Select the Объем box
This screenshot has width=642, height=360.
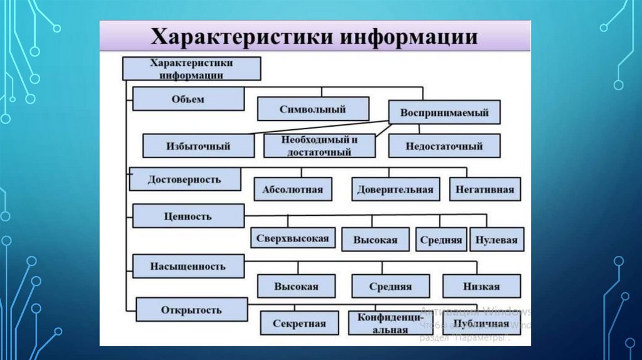188,99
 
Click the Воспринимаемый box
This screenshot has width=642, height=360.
445,113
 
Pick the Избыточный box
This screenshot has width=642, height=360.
199,146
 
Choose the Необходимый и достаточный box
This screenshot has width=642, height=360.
319,146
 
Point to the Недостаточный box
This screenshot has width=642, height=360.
445,146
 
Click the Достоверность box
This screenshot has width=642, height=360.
184,179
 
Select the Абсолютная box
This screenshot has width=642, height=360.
293,189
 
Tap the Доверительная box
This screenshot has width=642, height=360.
395,189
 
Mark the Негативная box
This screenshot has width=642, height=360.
485,189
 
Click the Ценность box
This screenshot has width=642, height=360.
188,216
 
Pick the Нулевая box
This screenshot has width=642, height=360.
497,240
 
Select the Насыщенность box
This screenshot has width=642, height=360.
187,266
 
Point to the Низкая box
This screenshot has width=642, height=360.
481,286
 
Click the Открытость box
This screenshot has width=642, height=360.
191,310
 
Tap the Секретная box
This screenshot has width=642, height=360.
299,324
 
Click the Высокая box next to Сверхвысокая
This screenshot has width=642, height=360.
375,240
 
